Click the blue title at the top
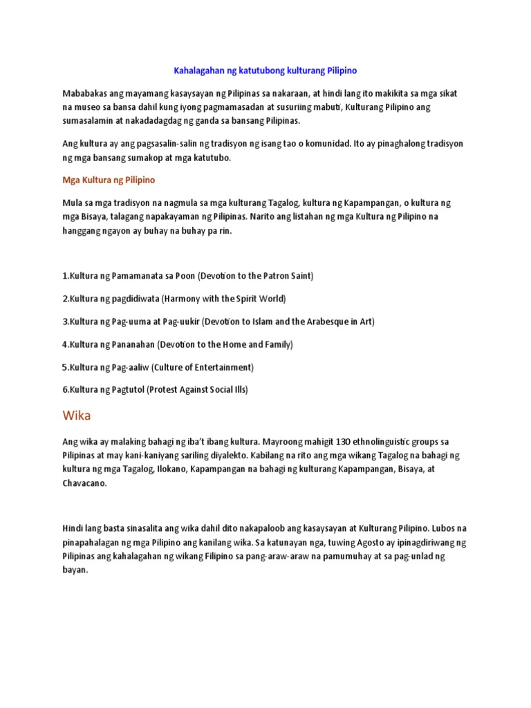pyautogui.click(x=264, y=71)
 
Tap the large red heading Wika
pyautogui.click(x=77, y=416)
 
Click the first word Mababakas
pyautogui.click(x=86, y=93)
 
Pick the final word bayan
pyautogui.click(x=75, y=571)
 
